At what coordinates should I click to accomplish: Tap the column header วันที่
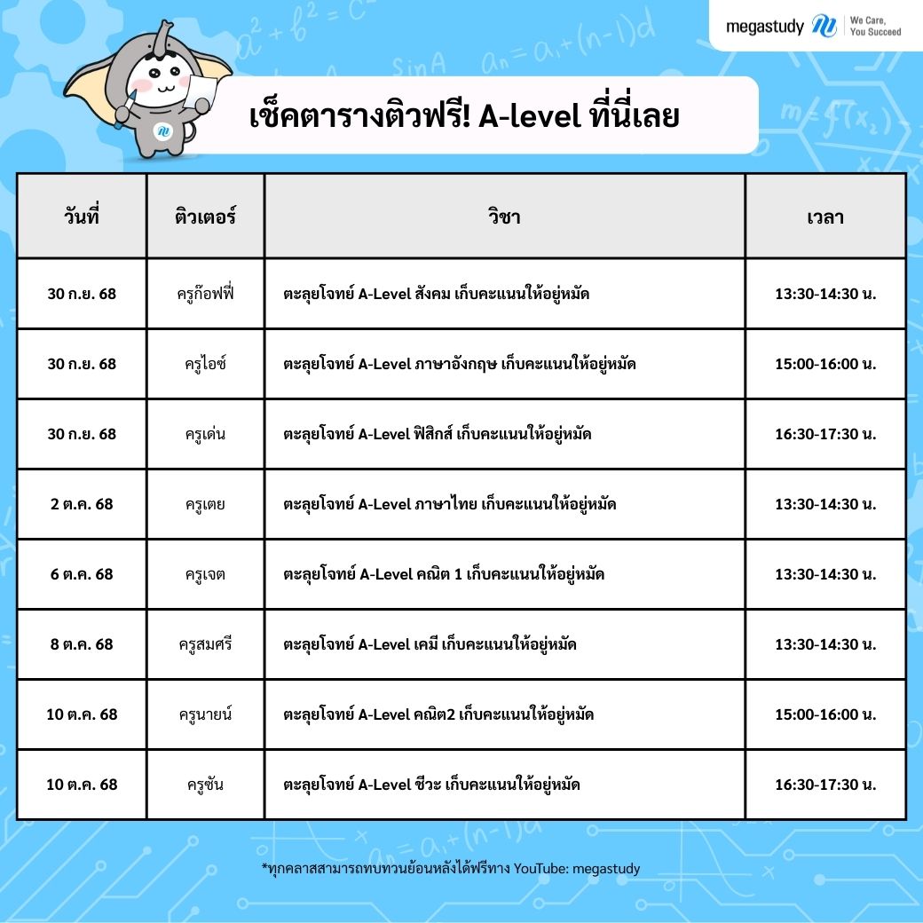coord(82,217)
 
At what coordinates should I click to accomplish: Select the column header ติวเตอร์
coord(205,217)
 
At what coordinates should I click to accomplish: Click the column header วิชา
coord(504,217)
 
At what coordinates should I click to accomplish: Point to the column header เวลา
coord(824,217)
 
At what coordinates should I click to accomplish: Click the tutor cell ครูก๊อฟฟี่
coord(205,294)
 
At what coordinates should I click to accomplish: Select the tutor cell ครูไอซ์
coord(205,364)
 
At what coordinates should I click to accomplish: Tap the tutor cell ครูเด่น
coord(205,434)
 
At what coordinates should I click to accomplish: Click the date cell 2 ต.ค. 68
coord(82,504)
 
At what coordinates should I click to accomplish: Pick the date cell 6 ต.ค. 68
coord(82,574)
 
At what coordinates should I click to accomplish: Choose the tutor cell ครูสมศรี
coord(205,644)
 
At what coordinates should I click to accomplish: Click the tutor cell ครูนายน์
coord(205,714)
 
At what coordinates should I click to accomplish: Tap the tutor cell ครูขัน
coord(205,785)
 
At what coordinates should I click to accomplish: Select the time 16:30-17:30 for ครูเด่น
coord(824,434)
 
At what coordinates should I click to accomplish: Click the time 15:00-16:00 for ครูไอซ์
coord(824,364)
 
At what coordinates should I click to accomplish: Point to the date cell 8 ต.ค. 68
coord(82,644)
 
